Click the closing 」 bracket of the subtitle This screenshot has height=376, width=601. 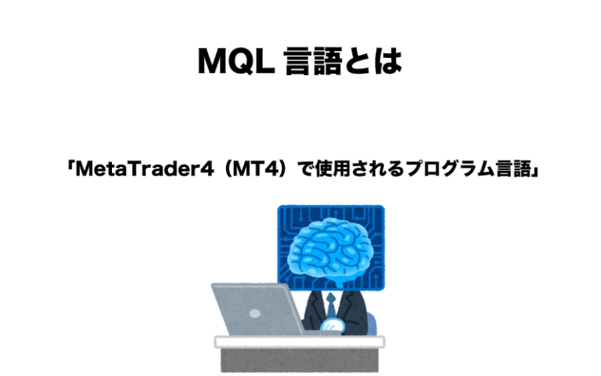(532, 172)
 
